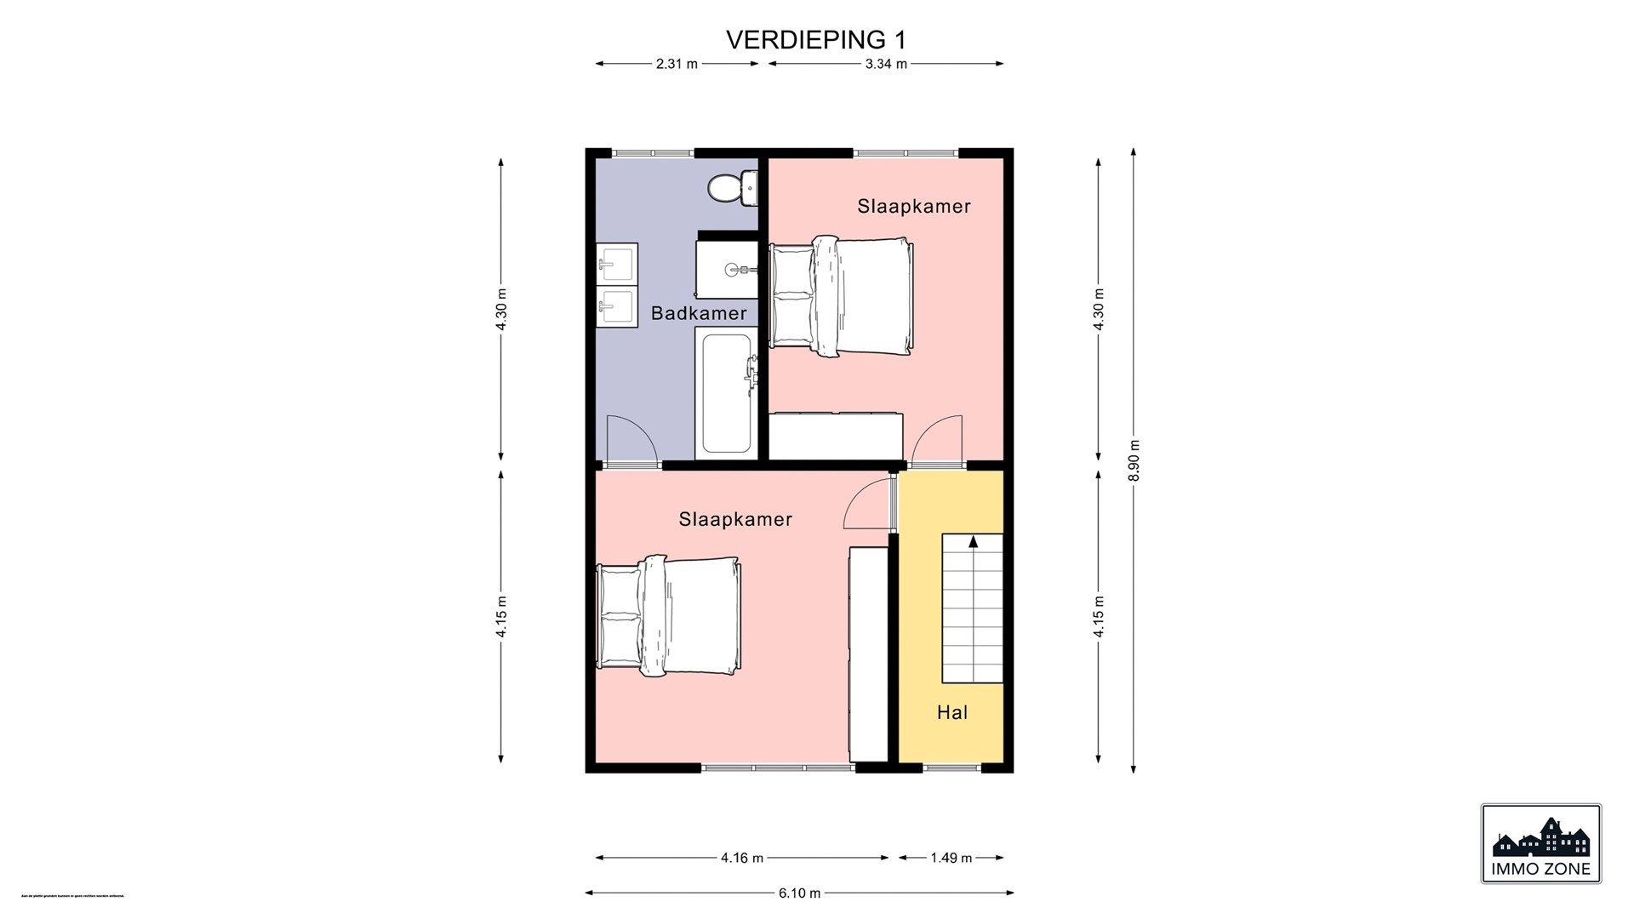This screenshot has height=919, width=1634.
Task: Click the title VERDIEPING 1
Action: [815, 40]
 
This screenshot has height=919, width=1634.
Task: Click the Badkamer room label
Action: [699, 313]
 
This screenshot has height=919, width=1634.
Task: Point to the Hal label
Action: [952, 713]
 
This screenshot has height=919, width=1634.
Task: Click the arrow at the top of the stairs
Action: [973, 540]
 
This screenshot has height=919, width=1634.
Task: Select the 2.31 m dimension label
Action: [677, 64]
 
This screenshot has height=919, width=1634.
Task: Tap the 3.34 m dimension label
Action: [886, 64]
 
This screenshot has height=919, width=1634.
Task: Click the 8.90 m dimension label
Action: [1133, 460]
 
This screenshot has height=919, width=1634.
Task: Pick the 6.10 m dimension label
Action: [799, 893]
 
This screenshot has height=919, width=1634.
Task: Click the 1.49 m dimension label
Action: [951, 858]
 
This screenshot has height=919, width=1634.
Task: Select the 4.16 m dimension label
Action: [741, 858]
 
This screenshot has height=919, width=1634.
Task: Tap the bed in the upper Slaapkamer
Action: [843, 295]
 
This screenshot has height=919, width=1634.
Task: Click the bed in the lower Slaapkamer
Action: [670, 616]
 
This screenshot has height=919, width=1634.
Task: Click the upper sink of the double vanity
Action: [617, 263]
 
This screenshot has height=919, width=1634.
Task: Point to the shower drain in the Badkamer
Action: [734, 269]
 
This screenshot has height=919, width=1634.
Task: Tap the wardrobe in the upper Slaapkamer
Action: [835, 436]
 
